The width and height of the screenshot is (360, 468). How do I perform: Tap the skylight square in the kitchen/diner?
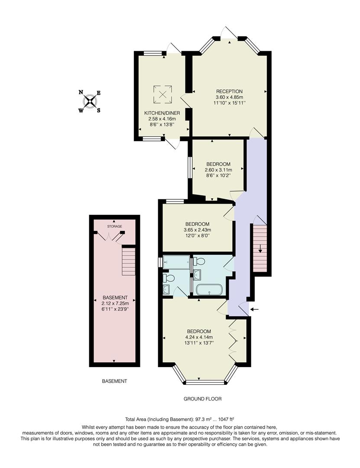[163, 94]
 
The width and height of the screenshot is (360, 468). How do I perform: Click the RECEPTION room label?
[229, 91]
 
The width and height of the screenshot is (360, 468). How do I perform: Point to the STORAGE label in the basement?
[115, 227]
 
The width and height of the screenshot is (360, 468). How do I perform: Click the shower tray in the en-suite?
[177, 262]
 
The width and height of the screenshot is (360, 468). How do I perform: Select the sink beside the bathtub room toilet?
[197, 274]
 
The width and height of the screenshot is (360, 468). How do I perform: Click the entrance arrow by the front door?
[255, 309]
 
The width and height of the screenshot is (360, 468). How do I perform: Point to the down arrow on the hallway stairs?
[260, 248]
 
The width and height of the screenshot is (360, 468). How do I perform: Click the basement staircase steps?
[128, 259]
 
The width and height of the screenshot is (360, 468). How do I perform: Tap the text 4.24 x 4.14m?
[199, 338]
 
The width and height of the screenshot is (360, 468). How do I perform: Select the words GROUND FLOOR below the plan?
[203, 399]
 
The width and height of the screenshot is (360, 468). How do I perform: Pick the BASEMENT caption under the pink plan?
[114, 381]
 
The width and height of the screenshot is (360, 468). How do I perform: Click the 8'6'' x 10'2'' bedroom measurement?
[218, 175]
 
